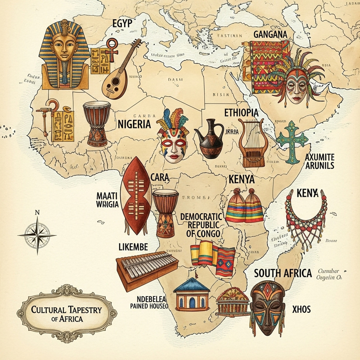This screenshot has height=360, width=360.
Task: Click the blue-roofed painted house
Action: point(193,295)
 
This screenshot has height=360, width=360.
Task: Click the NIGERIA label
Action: point(134,125)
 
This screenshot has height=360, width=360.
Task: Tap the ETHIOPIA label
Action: point(241,112)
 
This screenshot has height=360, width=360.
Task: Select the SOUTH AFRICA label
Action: point(283,273)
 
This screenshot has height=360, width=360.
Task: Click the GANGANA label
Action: point(270,34)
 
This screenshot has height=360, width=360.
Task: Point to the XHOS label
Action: point(301,310)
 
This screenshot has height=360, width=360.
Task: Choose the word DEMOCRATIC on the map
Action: point(202,216)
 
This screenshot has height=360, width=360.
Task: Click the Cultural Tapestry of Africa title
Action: point(67,313)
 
